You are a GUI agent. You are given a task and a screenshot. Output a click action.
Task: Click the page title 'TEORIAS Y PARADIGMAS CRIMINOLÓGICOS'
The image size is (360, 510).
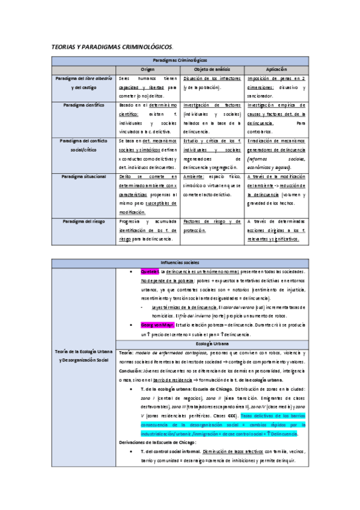pyautogui.click(x=112, y=46)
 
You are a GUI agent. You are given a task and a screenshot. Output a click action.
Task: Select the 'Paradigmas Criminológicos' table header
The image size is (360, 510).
pyautogui.click(x=180, y=61)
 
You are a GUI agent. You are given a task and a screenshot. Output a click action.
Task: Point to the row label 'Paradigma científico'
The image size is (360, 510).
pyautogui.click(x=84, y=105)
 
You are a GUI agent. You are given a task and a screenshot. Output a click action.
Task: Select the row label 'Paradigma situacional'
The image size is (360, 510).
pyautogui.click(x=84, y=177)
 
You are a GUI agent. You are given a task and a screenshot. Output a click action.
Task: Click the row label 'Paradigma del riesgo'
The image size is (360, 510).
pyautogui.click(x=84, y=221)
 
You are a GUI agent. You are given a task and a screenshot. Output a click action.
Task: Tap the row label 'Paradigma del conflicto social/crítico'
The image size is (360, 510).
pyautogui.click(x=84, y=144)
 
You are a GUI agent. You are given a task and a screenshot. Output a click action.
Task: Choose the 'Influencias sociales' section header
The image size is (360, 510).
pyautogui.click(x=180, y=263)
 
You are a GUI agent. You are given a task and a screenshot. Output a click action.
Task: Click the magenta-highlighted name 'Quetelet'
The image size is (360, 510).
pyautogui.click(x=149, y=272)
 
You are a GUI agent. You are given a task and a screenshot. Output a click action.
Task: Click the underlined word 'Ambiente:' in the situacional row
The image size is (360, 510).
pyautogui.click(x=193, y=177)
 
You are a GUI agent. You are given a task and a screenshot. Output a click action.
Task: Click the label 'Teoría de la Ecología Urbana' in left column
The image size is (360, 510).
pyautogui.click(x=84, y=351)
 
